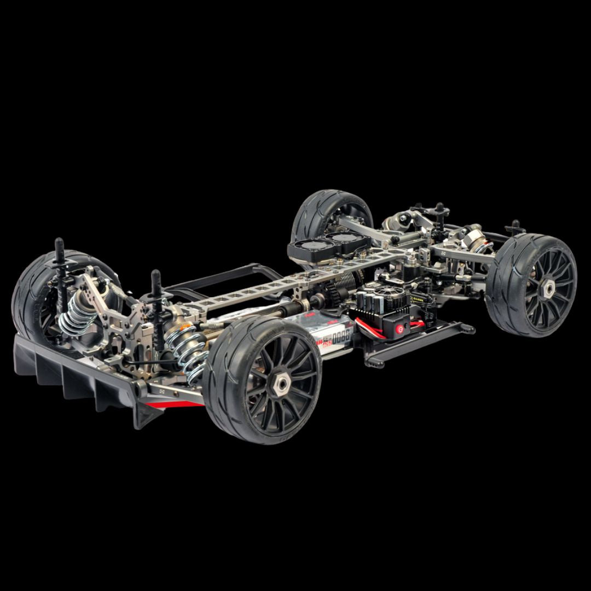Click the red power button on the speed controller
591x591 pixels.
point(399,328)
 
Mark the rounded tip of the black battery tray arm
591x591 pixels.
point(470,329)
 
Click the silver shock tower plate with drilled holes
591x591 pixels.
point(109,306)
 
